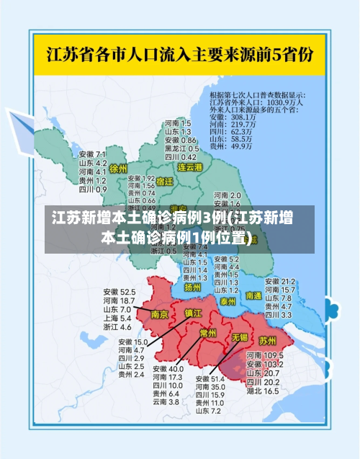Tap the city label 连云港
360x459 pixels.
click(190, 167)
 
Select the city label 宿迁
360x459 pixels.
click(165, 182)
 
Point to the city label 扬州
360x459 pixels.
click(192, 287)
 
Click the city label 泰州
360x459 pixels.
click(229, 300)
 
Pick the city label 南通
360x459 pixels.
click(254, 295)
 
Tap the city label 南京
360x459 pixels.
click(159, 314)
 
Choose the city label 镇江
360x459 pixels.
click(194, 313)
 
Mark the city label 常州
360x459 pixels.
click(208, 333)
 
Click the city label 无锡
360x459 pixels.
click(239, 337)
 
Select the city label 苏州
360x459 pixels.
click(268, 340)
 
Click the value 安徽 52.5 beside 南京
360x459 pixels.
click(119, 292)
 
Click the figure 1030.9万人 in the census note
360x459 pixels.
click(289, 102)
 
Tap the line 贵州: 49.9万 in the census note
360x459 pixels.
click(230, 146)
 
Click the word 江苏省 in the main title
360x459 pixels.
click(68, 54)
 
